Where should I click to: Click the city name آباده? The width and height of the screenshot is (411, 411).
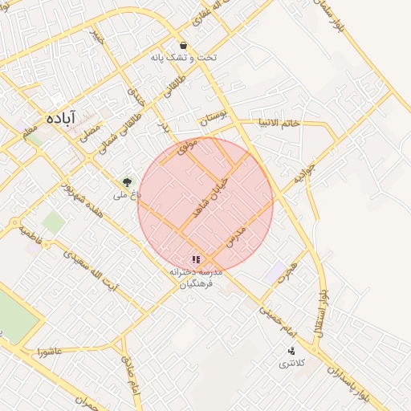coord(61,117)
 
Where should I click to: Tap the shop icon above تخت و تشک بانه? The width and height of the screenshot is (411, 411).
coord(184,46)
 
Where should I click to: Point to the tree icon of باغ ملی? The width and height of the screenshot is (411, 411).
coord(126,182)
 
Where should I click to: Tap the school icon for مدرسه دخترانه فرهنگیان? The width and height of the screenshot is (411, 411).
coord(196,259)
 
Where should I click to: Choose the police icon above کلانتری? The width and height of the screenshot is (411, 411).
coord(291,351)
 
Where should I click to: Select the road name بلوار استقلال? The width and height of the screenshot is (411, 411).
coord(322,313)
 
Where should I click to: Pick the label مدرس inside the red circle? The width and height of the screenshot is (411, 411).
coord(235,235)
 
